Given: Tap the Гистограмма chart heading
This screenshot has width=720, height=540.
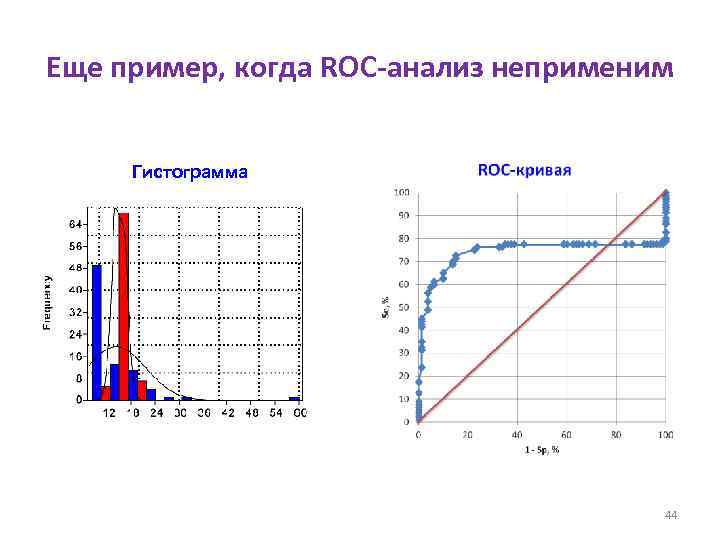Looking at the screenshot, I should [189, 171].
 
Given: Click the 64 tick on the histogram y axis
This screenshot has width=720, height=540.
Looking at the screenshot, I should [76, 223].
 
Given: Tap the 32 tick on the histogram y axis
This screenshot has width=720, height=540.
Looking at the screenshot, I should [76, 312].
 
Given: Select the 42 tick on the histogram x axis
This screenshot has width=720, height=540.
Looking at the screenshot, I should [227, 412].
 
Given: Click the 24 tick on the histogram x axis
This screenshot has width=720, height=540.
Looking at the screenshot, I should [156, 412].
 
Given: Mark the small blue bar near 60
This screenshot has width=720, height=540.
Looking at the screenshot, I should [294, 398].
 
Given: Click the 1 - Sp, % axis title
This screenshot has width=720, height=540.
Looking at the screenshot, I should [541, 450].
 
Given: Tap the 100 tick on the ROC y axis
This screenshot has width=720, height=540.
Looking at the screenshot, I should [401, 192].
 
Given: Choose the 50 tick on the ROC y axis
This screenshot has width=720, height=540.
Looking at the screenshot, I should [403, 306].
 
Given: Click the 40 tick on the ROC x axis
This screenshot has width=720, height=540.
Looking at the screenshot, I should [516, 434].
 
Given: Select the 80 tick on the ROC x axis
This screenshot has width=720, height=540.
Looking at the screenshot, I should [615, 434].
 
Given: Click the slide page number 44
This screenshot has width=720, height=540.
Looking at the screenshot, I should [671, 515].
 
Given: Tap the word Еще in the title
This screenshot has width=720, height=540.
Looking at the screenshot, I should [75, 69].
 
